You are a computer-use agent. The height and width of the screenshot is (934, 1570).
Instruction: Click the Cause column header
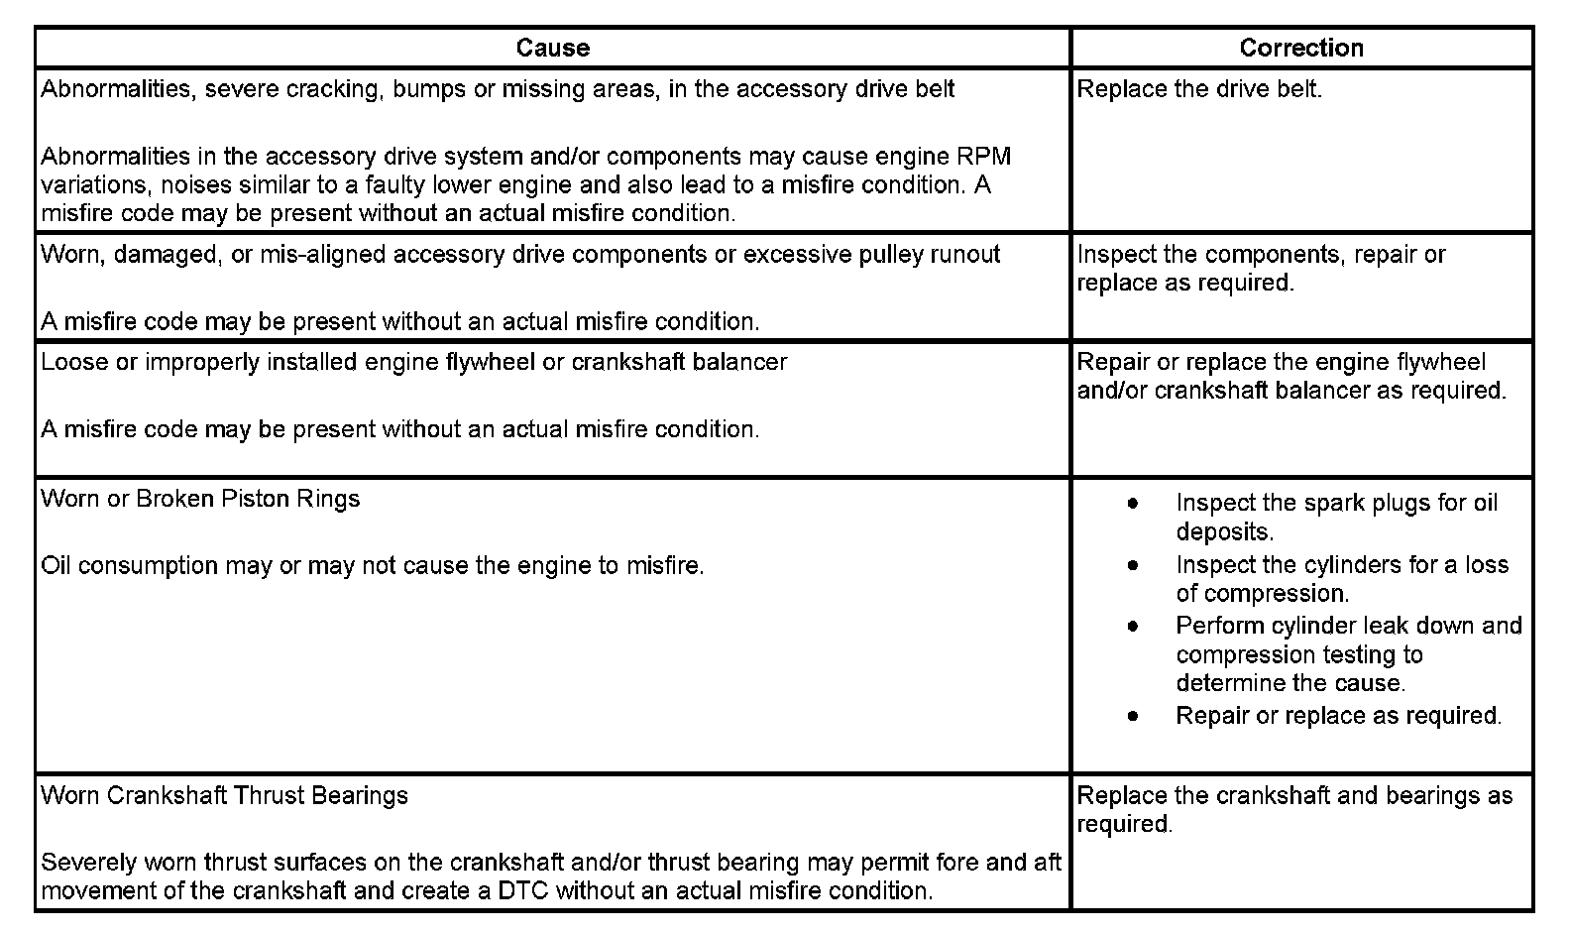click(x=552, y=48)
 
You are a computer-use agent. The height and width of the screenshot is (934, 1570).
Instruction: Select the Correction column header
click(x=1300, y=48)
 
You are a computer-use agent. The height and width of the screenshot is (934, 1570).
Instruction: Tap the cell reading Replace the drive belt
click(x=1199, y=89)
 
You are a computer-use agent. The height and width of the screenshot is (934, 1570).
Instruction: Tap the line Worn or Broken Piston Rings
click(x=200, y=499)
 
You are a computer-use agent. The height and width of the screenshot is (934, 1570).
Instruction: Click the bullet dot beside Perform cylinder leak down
click(x=1133, y=627)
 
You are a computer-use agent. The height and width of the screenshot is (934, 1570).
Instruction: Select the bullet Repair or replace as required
click(x=1338, y=716)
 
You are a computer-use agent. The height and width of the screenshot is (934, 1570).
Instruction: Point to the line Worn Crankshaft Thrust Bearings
click(x=224, y=796)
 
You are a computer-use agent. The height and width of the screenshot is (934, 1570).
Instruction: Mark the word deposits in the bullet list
click(x=1224, y=532)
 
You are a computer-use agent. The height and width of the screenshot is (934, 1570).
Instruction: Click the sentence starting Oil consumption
click(x=373, y=566)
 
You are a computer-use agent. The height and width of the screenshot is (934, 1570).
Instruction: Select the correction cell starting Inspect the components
click(x=1261, y=269)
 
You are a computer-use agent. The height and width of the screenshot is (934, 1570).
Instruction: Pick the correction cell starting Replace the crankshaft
click(x=1294, y=810)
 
